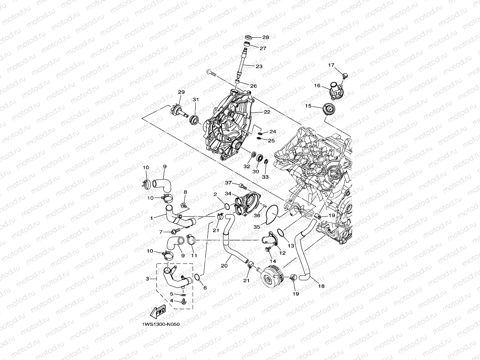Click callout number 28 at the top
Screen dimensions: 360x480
click(265, 37)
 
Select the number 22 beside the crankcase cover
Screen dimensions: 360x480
click(267, 112)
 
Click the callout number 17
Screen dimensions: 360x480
click(331, 65)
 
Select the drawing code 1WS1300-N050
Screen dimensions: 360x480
click(160, 324)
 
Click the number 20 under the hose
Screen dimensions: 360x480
click(224, 266)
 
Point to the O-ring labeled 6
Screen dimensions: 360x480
click(197, 277)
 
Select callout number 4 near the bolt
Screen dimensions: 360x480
click(172, 300)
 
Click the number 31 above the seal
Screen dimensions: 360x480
click(196, 100)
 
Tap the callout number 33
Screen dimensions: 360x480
click(265, 177)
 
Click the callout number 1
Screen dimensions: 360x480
click(152, 218)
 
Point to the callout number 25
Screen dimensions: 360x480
click(271, 141)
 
